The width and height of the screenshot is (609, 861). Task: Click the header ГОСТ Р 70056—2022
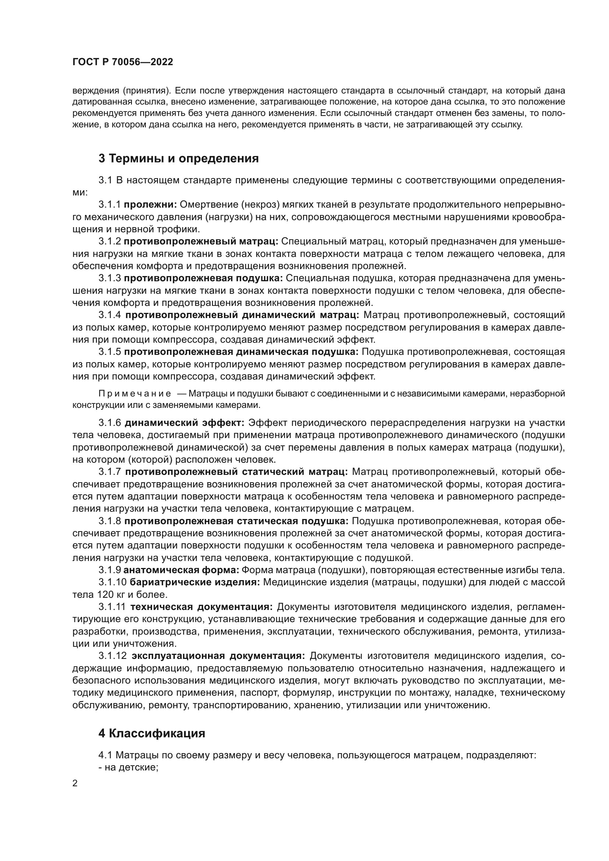123,62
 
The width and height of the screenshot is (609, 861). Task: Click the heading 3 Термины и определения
179,159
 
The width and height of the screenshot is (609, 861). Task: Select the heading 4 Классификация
152,733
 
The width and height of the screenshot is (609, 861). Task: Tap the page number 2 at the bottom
75,784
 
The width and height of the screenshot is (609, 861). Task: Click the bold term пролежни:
150,205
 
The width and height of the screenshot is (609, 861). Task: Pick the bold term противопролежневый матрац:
201,241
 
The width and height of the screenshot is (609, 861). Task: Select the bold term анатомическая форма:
181,570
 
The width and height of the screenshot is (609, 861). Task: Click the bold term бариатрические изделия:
195,582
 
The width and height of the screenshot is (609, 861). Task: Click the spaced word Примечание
135,394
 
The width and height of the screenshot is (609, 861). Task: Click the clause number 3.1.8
110,521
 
